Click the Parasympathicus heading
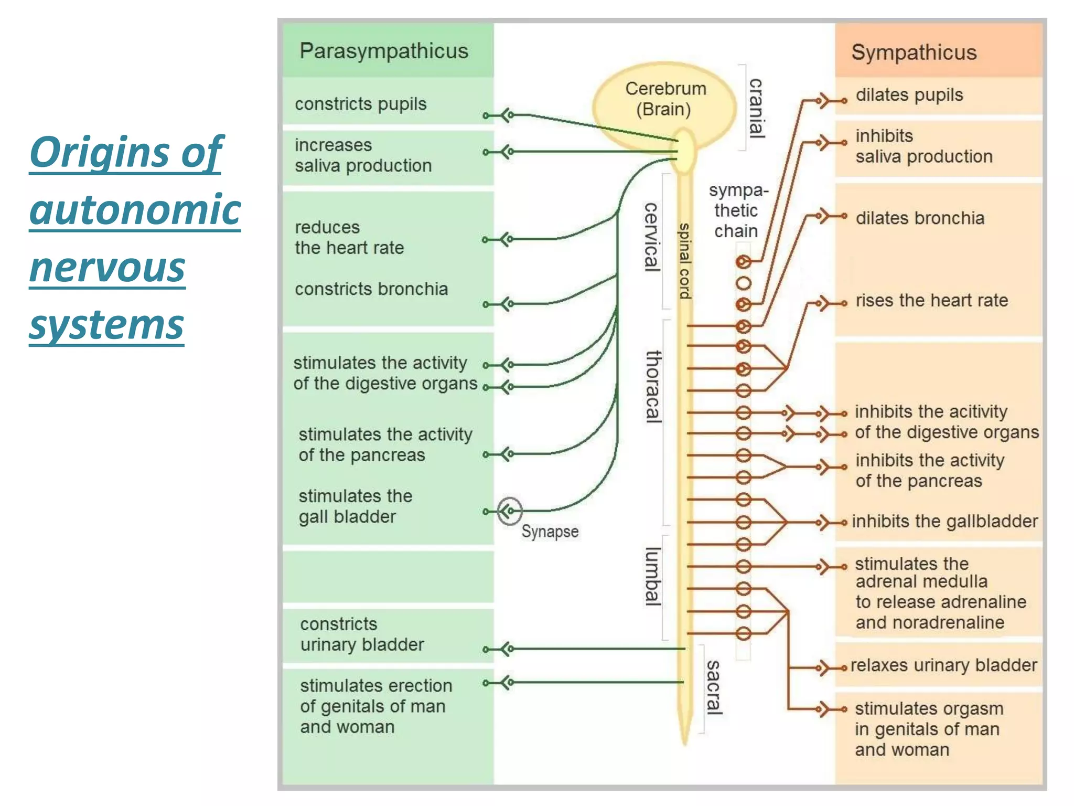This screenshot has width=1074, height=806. (383, 51)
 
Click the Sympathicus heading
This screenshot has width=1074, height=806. (914, 52)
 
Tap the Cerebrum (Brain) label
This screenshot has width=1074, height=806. (665, 99)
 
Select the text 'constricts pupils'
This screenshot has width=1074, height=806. (360, 104)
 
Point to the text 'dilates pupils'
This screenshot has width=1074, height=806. (909, 95)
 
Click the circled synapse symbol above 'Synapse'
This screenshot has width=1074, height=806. (509, 511)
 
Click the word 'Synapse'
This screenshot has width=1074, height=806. (550, 532)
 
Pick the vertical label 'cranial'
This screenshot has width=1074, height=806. (756, 108)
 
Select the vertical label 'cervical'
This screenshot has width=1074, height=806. (651, 237)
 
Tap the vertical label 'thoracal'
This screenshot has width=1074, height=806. (653, 386)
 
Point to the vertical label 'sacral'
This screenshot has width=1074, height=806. (713, 687)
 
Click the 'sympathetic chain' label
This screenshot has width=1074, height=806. (737, 210)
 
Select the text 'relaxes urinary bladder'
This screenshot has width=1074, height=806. (943, 665)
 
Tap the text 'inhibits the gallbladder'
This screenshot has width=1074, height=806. (944, 522)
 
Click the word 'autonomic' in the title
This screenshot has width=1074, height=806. (135, 209)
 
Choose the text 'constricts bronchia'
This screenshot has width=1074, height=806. (371, 289)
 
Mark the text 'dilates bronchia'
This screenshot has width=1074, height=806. (920, 218)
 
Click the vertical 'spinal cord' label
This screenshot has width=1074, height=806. (684, 261)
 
